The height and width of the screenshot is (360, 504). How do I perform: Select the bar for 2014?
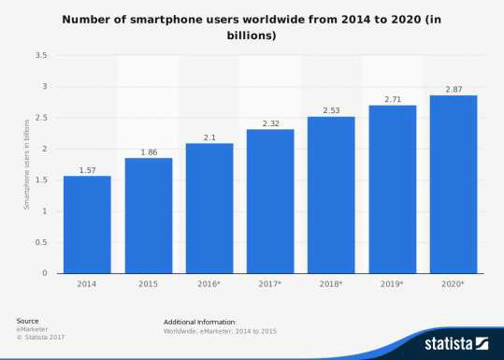coord(87,224)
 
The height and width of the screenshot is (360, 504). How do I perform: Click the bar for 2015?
coord(149,215)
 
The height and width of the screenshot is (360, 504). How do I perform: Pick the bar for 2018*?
coord(331,194)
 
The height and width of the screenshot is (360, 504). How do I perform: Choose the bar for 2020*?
coord(453,184)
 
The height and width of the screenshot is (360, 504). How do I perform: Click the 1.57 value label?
coord(87,169)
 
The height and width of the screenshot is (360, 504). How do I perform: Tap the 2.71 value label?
coord(392,98)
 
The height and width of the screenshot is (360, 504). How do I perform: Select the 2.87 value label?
coord(453,88)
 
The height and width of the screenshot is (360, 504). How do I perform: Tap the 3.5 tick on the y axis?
coord(42,56)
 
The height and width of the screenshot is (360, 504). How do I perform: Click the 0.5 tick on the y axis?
coord(42,242)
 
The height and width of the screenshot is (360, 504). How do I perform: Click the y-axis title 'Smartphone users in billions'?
coord(27,165)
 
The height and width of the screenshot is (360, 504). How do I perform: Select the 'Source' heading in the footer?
coord(27,321)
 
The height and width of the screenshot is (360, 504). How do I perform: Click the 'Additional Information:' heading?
coord(200,321)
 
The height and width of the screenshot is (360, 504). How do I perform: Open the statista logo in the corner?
coord(456,343)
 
